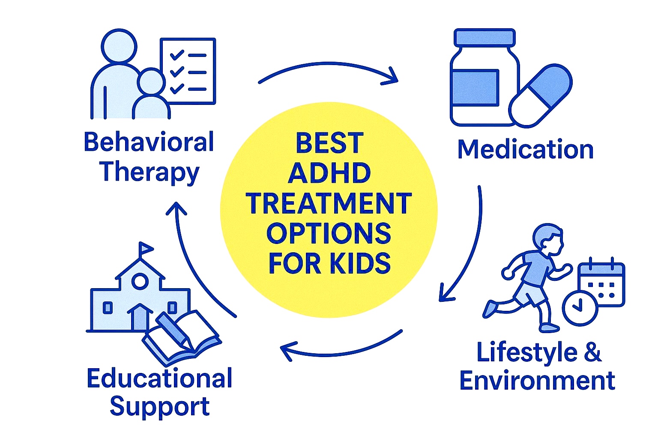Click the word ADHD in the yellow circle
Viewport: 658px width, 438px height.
coord(329,173)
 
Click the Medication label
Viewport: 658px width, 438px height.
coord(526,149)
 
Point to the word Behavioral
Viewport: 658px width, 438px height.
coord(149,141)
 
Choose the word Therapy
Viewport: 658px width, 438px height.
coord(149,173)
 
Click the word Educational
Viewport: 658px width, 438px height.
coord(159,378)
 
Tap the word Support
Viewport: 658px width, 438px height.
coord(159,408)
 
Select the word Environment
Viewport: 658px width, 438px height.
coord(537,381)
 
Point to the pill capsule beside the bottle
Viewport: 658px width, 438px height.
coord(541,96)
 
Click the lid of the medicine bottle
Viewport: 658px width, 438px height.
coord(485,38)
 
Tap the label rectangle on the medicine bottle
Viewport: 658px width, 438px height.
coord(475,87)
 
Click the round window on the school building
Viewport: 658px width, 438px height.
coord(140,281)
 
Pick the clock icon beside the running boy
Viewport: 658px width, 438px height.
coord(580,308)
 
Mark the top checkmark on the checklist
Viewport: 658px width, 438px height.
coord(177,55)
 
